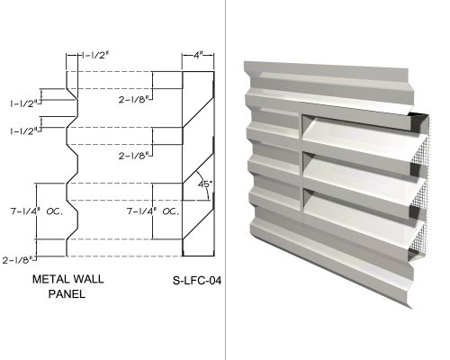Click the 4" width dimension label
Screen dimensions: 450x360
[x=198, y=56]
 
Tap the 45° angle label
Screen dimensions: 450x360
[x=204, y=184]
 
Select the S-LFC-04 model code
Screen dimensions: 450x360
[x=197, y=281]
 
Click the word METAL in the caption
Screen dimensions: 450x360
[x=50, y=279]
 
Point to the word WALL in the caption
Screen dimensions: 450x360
[x=88, y=279]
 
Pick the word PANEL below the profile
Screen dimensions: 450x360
[x=67, y=293]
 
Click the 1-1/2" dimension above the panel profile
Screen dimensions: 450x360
[x=94, y=56]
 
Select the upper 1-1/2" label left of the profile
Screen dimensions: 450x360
[x=25, y=103]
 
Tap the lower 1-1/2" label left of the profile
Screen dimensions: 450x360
[x=25, y=131]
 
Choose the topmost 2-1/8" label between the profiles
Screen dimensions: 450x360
[x=134, y=100]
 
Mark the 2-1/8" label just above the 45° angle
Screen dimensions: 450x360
[x=134, y=156]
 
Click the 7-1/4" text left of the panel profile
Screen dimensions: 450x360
[x=26, y=211]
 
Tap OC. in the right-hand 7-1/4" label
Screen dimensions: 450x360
[x=171, y=211]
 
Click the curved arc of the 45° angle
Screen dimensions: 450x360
[x=205, y=184]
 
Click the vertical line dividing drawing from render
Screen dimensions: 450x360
[x=225, y=180]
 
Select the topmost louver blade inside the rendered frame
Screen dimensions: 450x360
[x=363, y=141]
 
